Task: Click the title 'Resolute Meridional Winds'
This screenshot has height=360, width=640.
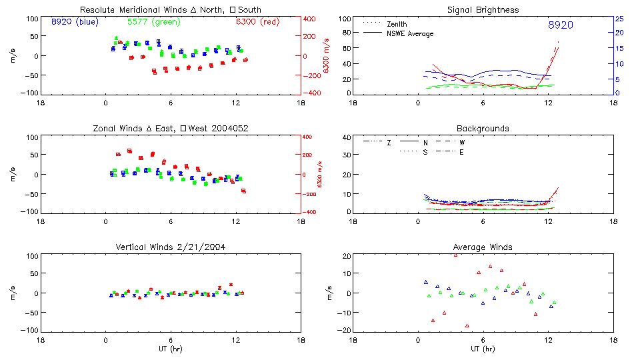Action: pos(131,10)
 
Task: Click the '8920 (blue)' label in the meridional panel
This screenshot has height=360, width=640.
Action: pos(75,21)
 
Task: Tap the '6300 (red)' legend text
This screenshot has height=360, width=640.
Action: pos(257,21)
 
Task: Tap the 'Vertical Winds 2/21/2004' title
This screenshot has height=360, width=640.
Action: pos(170,247)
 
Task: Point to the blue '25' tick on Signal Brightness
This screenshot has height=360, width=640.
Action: pos(619,19)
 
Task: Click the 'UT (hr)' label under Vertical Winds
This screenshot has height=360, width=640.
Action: pos(170,348)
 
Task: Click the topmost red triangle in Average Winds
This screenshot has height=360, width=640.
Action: pos(455,255)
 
